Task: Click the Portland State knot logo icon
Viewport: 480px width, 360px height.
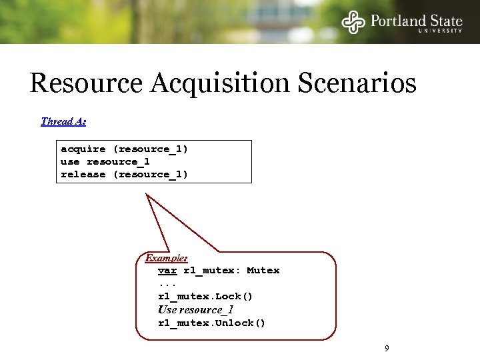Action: click(x=353, y=22)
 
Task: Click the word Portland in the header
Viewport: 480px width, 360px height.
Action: click(x=399, y=21)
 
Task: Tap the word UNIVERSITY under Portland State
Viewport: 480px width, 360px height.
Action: click(x=440, y=31)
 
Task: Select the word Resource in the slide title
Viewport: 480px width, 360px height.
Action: click(x=86, y=83)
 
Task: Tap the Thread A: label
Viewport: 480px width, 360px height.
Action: click(x=63, y=121)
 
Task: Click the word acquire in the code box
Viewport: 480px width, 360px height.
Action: click(x=83, y=149)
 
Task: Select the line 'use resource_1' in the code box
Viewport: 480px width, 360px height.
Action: click(x=105, y=161)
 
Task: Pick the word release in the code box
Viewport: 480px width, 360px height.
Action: click(x=83, y=174)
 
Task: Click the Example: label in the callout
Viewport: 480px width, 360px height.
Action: click(x=166, y=257)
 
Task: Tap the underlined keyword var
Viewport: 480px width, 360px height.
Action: click(x=167, y=270)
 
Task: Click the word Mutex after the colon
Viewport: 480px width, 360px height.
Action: click(x=263, y=270)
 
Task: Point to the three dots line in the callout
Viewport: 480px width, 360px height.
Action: click(x=167, y=283)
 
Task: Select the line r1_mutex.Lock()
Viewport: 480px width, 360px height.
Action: click(x=205, y=296)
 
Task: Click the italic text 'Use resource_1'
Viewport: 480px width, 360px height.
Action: click(x=195, y=309)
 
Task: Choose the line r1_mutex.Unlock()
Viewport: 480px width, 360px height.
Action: click(x=211, y=323)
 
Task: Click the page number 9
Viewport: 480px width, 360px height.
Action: click(x=387, y=348)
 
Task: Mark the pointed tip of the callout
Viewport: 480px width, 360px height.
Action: click(x=148, y=195)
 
